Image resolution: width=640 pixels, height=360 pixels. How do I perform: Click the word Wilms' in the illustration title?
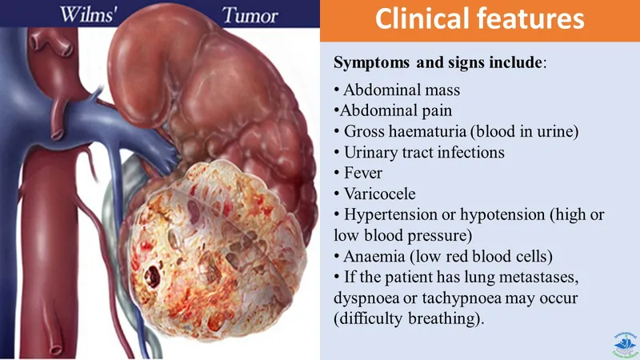(79, 14)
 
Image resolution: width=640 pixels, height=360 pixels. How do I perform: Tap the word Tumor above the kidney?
(249, 14)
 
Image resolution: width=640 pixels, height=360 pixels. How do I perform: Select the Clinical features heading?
(479, 19)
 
